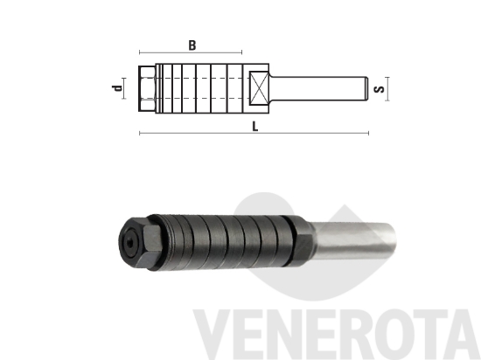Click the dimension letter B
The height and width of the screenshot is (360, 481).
[x=192, y=43]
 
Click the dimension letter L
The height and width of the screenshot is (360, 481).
[x=254, y=126]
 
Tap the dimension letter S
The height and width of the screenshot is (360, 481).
[x=377, y=88]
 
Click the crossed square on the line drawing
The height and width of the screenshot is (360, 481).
[x=260, y=88]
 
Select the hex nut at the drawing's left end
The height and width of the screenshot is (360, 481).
[x=145, y=88]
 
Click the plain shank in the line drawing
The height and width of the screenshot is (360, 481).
[x=319, y=88]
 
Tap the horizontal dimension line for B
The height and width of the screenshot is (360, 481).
[x=192, y=52]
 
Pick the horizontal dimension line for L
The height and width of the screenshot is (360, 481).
[x=254, y=135]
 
